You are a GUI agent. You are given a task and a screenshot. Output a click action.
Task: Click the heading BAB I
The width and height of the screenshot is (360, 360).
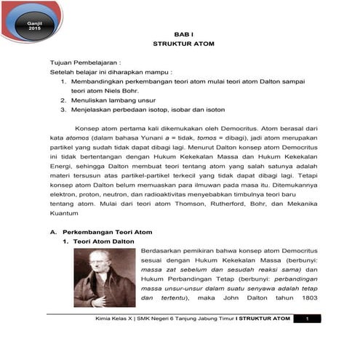tap(180, 34)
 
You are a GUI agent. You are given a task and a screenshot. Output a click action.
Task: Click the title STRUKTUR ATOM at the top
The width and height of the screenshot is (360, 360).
tap(180, 44)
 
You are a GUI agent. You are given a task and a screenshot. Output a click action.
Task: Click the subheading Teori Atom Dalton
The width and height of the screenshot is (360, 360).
tap(110, 241)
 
